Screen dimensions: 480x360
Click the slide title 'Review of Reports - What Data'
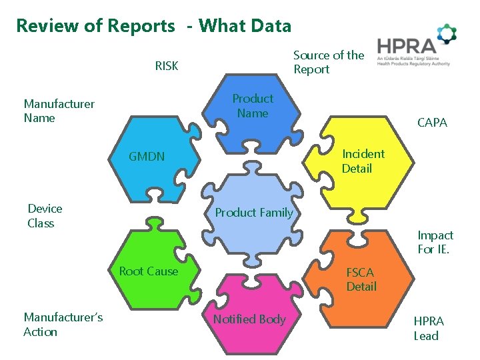(153, 26)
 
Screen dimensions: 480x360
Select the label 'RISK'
(167, 66)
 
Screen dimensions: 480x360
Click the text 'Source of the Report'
(328, 62)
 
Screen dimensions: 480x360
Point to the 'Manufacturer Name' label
(59, 111)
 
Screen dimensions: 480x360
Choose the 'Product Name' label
(252, 106)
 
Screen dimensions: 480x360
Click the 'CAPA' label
(432, 123)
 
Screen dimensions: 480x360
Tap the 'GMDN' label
(147, 157)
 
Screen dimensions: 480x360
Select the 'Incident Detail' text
(363, 161)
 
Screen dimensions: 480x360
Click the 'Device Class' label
(45, 216)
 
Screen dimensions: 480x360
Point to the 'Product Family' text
(253, 213)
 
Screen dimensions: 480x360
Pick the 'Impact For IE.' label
(435, 243)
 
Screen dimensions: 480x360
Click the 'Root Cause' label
(148, 271)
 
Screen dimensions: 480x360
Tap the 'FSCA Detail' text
(361, 279)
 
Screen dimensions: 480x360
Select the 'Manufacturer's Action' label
(63, 325)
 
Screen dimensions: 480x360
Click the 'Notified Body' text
(249, 319)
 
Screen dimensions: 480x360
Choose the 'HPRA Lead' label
(428, 328)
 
